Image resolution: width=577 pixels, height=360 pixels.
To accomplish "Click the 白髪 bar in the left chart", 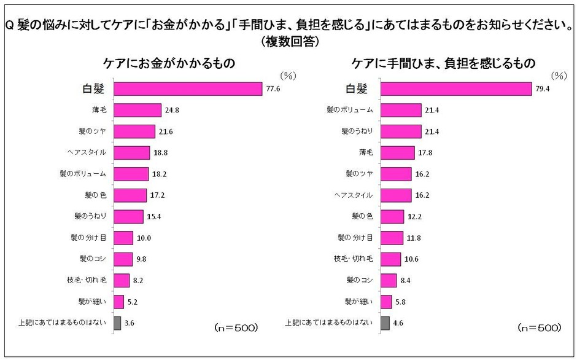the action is click(x=188, y=89).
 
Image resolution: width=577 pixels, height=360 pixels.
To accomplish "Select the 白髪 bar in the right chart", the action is click(x=456, y=89).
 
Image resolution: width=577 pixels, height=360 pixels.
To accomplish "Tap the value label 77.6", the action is click(x=273, y=89).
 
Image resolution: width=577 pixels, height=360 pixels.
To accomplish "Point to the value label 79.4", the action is click(x=543, y=89).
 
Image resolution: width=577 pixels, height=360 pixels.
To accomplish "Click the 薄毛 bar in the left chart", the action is click(x=137, y=110).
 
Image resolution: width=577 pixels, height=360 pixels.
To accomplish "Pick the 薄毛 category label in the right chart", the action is click(x=366, y=152).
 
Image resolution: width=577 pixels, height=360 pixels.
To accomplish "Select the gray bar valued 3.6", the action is click(x=117, y=323).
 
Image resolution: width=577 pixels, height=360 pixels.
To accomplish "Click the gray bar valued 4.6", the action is click(x=385, y=323).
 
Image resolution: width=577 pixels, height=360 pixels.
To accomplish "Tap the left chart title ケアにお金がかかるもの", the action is click(x=169, y=63).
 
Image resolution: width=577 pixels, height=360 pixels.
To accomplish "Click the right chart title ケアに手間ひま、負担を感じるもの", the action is click(x=443, y=63).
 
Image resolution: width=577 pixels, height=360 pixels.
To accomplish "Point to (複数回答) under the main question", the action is click(x=290, y=42).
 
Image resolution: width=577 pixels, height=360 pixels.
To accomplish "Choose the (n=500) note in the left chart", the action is click(x=236, y=327).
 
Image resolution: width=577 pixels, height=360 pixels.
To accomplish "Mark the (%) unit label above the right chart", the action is click(x=559, y=76).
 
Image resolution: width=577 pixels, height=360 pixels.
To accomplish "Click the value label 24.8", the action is click(x=172, y=110).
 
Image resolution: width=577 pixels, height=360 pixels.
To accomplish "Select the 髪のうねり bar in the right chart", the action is click(x=401, y=131).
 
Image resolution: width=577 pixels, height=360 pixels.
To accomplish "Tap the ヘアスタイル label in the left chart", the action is click(x=87, y=152).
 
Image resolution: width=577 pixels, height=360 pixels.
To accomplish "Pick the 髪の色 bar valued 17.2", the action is click(x=130, y=195).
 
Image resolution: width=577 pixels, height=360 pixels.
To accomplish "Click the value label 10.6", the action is click(x=411, y=259).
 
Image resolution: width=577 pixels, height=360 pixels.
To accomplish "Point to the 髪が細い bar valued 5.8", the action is click(x=386, y=302).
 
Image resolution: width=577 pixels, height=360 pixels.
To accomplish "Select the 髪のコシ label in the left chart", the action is click(x=93, y=259).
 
